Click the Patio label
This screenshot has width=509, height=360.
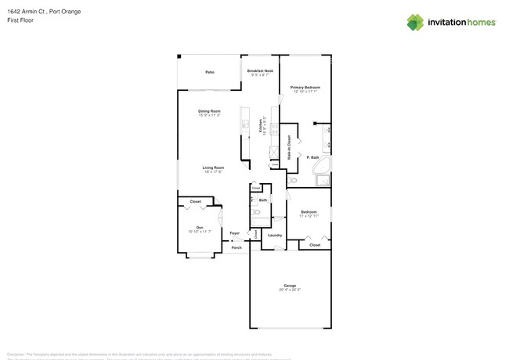210,72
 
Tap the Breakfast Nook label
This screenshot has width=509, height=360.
260,70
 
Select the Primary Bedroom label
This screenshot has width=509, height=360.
305,87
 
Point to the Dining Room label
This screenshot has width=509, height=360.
209,111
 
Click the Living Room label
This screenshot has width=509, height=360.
213,167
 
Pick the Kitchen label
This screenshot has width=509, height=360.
261,126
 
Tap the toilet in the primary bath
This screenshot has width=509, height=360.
293,180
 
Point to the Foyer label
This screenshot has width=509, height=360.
235,232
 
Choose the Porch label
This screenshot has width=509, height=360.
236,247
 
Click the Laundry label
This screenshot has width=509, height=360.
275,235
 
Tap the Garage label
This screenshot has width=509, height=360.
290,285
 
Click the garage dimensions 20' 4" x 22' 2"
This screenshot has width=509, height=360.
290,290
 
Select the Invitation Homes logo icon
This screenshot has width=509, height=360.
415,23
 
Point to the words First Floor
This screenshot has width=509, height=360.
20,20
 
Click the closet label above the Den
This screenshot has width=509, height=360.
195,201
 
